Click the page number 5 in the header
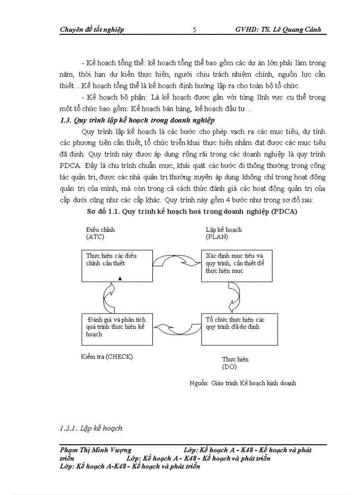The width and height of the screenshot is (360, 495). click(195, 30)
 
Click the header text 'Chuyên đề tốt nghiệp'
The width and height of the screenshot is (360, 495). click(92, 30)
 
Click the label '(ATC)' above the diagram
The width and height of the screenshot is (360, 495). click(95, 237)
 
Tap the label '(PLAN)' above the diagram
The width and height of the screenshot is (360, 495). click(217, 237)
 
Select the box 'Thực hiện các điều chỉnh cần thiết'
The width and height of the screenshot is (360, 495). click(117, 266)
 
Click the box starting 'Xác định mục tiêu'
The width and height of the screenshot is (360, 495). click(237, 266)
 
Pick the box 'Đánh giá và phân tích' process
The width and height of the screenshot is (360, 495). click(117, 329)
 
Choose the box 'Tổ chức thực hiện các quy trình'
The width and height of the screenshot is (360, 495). click(237, 329)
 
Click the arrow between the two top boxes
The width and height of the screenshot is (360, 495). click(177, 260)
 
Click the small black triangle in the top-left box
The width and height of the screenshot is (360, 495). click(120, 278)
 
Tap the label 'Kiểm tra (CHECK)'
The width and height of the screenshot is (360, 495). click(107, 357)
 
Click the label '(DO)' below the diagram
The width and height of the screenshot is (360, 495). click(229, 367)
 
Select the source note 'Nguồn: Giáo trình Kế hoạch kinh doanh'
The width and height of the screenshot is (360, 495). click(243, 383)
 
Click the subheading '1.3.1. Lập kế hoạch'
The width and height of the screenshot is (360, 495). click(91, 428)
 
